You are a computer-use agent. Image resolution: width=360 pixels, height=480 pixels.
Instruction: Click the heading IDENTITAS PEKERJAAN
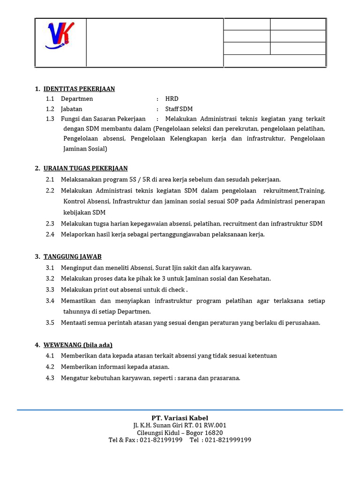79,89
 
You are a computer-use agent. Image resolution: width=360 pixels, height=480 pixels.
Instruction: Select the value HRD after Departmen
172,99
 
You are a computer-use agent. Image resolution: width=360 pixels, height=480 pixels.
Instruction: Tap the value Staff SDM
179,109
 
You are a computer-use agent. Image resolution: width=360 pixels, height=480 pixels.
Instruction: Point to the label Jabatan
71,109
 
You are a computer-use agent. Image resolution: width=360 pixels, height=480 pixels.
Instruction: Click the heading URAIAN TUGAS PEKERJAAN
85,168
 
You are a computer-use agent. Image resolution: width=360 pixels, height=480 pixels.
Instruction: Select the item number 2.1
50,180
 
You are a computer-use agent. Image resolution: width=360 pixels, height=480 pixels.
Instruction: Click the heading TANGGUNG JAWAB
72,257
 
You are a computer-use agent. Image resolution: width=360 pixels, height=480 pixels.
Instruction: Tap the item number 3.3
50,290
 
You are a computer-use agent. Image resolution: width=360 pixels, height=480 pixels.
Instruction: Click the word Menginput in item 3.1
75,268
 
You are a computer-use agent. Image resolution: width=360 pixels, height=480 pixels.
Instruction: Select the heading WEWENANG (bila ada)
78,345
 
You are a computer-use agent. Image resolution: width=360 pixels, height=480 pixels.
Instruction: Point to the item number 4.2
50,367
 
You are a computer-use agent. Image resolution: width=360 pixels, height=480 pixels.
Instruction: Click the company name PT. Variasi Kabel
180,418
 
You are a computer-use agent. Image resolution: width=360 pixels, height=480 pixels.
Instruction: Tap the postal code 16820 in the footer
213,433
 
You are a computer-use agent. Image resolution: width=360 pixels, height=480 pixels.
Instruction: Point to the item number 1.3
50,119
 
